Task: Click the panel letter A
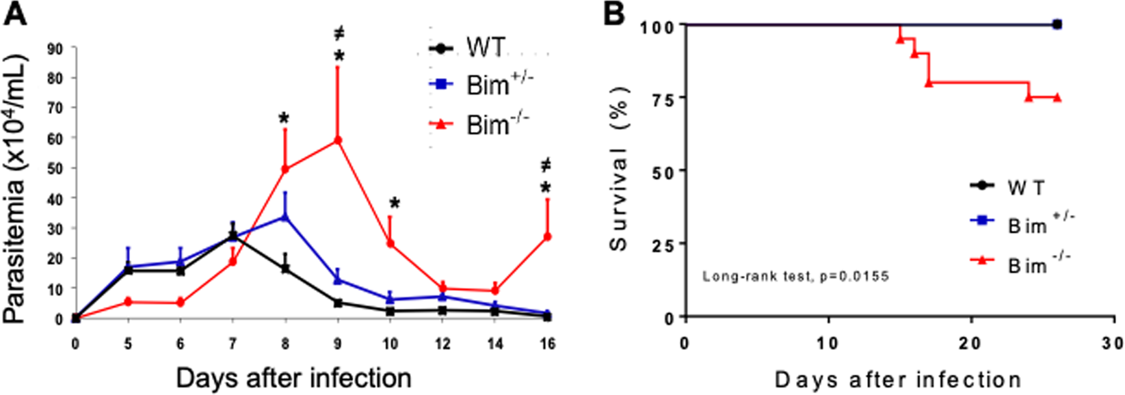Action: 15,13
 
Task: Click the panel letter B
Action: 614,13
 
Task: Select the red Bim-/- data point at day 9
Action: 337,140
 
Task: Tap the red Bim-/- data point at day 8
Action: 285,169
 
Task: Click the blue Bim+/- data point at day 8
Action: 285,217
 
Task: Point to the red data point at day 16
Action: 547,236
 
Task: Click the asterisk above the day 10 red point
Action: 395,203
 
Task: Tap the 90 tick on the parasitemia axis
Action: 55,49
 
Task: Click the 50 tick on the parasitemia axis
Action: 55,168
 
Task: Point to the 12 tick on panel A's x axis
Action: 443,343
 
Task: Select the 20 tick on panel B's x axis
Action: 972,342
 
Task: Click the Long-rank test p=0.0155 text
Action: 795,277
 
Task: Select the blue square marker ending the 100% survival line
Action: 1057,25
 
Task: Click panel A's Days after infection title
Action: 294,378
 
